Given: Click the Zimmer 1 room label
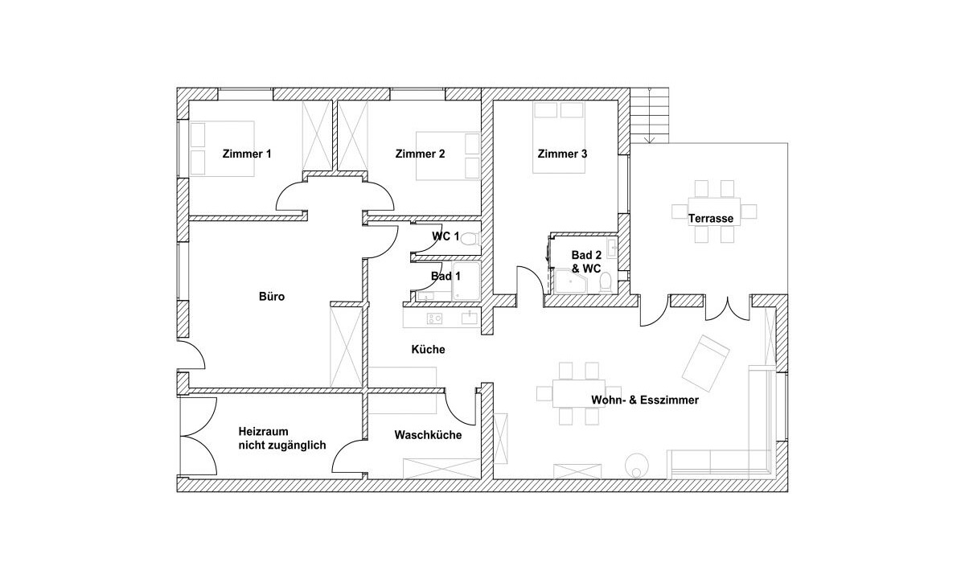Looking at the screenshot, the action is [x=247, y=154].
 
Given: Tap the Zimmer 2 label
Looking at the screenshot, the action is [x=420, y=154].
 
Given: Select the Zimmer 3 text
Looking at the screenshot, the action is [x=562, y=154].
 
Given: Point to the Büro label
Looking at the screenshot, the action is [x=272, y=297].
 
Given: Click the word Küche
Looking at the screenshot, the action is [x=428, y=349].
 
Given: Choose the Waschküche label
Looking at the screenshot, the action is [x=428, y=435].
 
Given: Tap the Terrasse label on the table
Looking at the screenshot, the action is [x=710, y=219].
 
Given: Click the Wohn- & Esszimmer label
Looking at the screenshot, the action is [x=645, y=400].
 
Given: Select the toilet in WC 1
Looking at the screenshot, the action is [x=470, y=238].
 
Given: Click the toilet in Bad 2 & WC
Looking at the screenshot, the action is [x=606, y=283].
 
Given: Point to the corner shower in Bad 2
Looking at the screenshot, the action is [x=571, y=281].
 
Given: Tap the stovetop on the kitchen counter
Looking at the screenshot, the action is [x=434, y=318].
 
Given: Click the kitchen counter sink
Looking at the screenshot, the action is [x=470, y=318].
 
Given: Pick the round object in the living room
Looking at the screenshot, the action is [x=637, y=466].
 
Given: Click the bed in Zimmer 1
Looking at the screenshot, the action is [x=222, y=149].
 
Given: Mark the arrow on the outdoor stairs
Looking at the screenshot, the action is [x=649, y=116].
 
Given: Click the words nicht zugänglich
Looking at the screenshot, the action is [x=282, y=445].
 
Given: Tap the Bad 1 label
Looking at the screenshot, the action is [x=446, y=276].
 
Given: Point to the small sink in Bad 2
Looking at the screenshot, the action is [x=612, y=246].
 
